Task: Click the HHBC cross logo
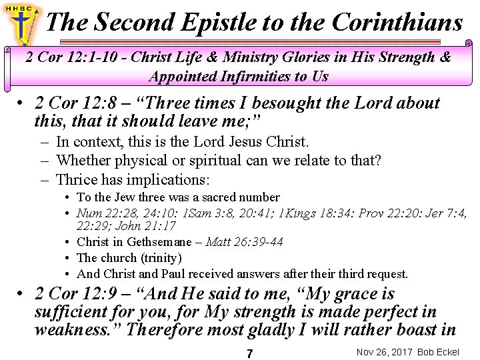22,22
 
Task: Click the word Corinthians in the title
397,23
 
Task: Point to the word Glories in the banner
301,57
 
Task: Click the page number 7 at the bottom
249,353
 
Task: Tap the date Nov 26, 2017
385,352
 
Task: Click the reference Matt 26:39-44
245,241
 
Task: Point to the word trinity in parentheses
159,257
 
